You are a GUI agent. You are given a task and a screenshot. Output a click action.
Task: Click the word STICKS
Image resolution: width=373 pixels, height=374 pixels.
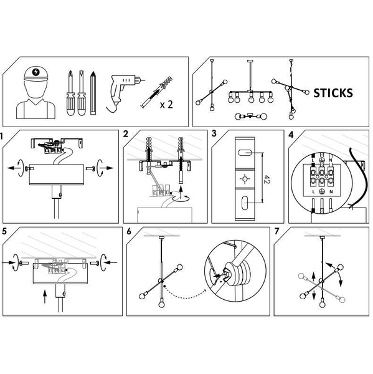(333, 93)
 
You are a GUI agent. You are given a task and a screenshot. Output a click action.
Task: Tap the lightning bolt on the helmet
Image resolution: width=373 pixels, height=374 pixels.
(36, 72)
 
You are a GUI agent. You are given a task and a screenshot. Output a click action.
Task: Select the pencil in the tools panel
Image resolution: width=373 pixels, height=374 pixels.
(93, 93)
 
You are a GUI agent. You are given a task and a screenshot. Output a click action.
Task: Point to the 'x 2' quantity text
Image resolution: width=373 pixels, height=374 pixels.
(166, 105)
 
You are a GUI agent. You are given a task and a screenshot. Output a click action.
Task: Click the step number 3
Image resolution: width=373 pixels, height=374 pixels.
(214, 133)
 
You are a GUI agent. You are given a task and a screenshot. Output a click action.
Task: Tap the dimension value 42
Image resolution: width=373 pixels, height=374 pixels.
(267, 179)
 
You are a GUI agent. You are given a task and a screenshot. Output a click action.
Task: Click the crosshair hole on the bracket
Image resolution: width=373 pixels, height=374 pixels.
(245, 179)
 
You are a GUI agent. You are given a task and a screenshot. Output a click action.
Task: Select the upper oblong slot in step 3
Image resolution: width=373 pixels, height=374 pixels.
(245, 153)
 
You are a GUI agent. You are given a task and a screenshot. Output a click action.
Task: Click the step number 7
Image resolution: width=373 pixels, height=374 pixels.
(276, 231)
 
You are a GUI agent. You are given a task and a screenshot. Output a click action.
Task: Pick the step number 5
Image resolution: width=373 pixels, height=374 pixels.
(4, 231)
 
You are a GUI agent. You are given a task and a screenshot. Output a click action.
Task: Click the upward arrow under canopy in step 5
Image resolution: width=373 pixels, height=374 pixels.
(45, 296)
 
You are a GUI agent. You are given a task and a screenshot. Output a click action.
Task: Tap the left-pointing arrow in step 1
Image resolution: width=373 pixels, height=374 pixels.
(13, 168)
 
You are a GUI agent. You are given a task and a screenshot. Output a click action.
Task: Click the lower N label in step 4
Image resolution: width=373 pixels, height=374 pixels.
(331, 192)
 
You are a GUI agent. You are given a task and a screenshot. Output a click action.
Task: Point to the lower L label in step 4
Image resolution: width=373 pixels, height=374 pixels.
(313, 192)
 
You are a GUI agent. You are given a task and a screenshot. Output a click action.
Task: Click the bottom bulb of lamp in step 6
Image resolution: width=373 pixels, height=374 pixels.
(162, 304)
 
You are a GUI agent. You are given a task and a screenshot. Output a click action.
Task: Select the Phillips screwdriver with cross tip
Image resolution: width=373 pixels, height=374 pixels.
(70, 93)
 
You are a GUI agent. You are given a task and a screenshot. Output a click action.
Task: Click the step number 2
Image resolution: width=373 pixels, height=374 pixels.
(126, 134)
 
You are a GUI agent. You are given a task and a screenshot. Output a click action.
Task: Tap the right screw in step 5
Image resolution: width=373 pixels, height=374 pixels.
(95, 263)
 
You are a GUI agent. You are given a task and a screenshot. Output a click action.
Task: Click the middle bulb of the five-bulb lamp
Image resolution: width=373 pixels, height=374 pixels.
(251, 98)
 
